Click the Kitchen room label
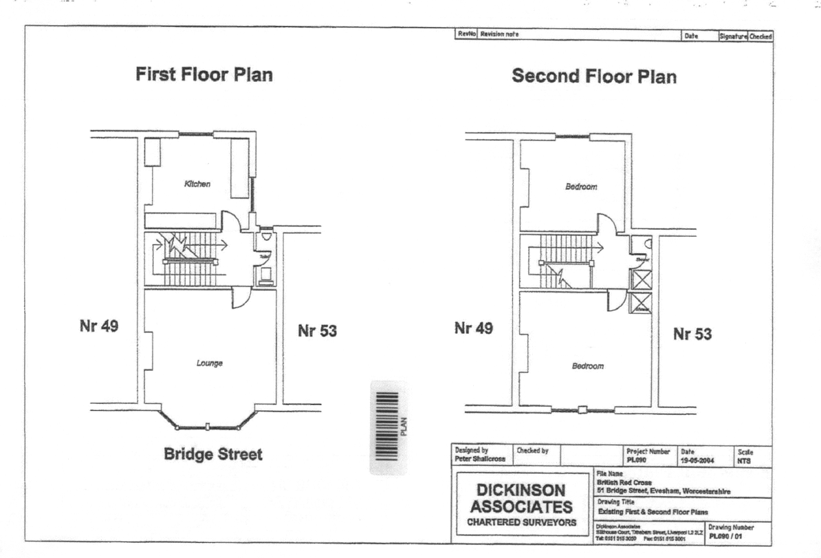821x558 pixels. (x=197, y=184)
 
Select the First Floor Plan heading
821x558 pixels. (x=204, y=75)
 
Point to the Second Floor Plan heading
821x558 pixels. (x=594, y=77)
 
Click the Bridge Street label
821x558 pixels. (x=213, y=455)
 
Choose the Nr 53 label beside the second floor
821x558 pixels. (x=692, y=334)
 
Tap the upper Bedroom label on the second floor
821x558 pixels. (x=581, y=187)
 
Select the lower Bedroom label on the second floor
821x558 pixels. (x=588, y=366)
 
